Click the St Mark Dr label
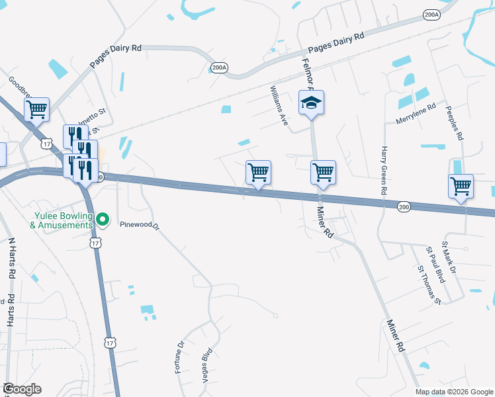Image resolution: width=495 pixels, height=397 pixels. tap(442, 260)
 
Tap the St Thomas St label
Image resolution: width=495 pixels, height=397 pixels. tap(428, 286)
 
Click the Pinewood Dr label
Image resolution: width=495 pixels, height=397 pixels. tap(141, 224)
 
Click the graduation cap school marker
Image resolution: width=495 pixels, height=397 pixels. tap(311, 103)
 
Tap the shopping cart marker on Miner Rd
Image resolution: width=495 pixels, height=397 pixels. tap(323, 173)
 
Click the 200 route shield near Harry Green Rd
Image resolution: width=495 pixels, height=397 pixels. tap(404, 207)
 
